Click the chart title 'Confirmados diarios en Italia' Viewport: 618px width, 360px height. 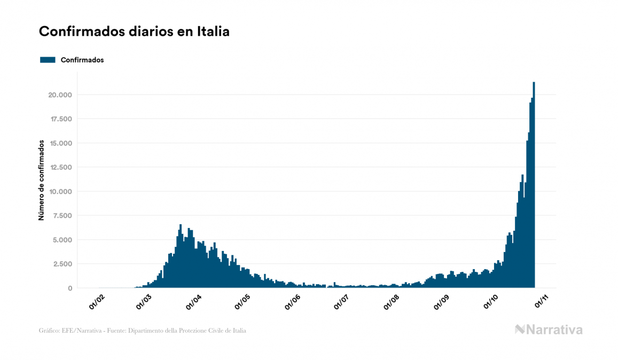tap(134, 32)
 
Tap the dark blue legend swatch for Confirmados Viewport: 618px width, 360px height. tap(48, 60)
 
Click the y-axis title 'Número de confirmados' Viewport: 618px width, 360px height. tap(41, 180)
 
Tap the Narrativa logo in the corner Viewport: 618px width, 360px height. tap(549, 330)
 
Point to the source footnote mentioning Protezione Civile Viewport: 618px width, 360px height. tap(143, 331)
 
